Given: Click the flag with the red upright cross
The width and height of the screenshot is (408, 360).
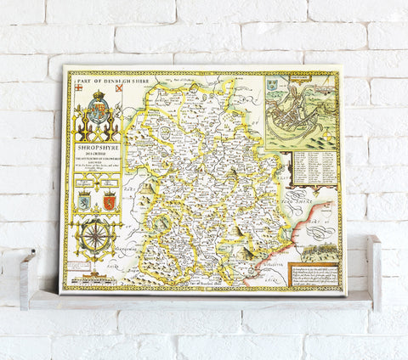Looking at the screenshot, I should click(x=77, y=87).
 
